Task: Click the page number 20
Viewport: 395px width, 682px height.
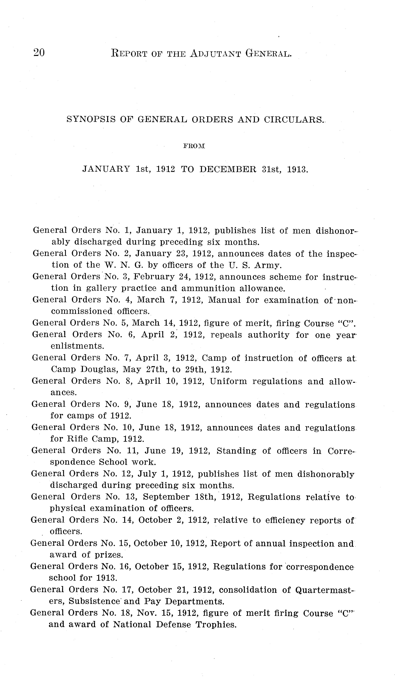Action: (39, 52)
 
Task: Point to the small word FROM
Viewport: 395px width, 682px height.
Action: (194, 146)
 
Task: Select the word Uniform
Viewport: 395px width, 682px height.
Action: (228, 381)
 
